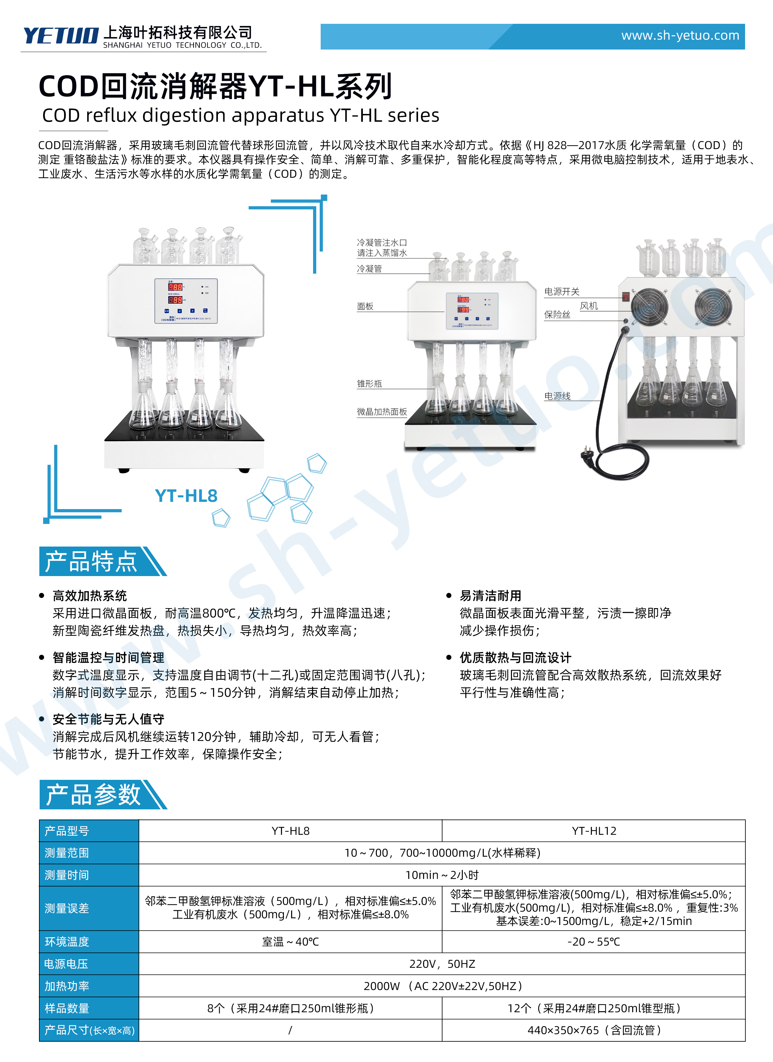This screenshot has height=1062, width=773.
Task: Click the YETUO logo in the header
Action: pyautogui.click(x=61, y=36)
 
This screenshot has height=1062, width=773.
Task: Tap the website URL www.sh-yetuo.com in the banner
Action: pyautogui.click(x=680, y=36)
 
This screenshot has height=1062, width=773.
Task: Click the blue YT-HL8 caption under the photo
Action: pyautogui.click(x=186, y=496)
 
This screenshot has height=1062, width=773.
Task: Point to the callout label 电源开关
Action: pyautogui.click(x=561, y=292)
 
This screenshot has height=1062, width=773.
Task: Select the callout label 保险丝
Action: pyautogui.click(x=557, y=315)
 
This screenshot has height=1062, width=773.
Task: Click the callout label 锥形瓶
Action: pyautogui.click(x=369, y=384)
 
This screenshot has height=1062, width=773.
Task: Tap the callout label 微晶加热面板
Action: pyautogui.click(x=382, y=412)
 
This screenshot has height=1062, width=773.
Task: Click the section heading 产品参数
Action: pyautogui.click(x=93, y=795)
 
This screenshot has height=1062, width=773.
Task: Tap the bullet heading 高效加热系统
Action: pyautogui.click(x=90, y=596)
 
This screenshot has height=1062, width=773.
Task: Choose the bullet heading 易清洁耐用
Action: pyautogui.click(x=490, y=596)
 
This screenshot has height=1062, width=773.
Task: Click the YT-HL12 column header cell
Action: pyautogui.click(x=594, y=831)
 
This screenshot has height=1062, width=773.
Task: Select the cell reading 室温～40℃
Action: pyautogui.click(x=290, y=942)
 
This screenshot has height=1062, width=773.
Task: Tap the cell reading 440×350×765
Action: pyautogui.click(x=594, y=1030)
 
